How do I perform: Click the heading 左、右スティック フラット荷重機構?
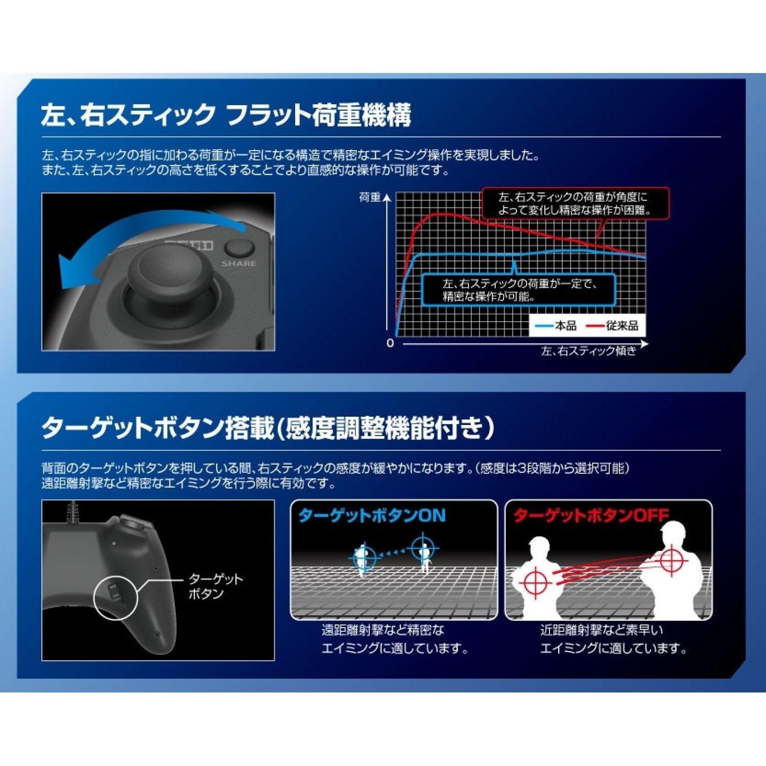click(226, 114)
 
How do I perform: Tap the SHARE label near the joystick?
click(239, 264)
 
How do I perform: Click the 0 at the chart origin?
click(390, 344)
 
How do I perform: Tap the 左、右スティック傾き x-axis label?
click(589, 351)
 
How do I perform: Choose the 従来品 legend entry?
click(612, 326)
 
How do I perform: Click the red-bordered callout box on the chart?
click(574, 203)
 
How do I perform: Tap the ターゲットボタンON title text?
click(372, 515)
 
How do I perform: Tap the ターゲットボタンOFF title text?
click(591, 515)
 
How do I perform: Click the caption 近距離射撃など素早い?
click(601, 630)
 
